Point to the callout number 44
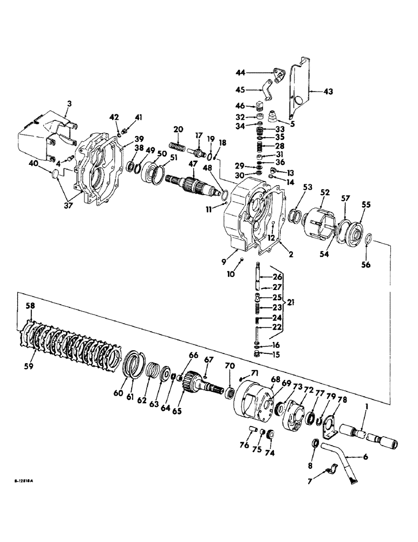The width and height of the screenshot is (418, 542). click(240, 72)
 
